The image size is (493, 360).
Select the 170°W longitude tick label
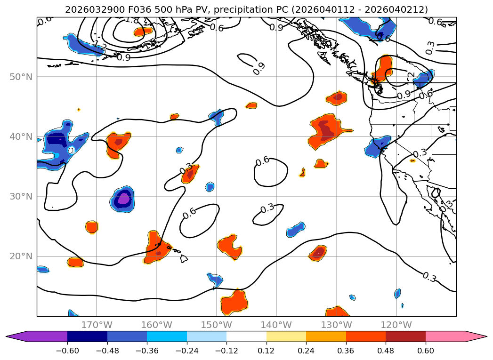pyautogui.click(x=97, y=325)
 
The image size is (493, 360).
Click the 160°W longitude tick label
pyautogui.click(x=156, y=325)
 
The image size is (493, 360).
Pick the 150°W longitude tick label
pyautogui.click(x=216, y=325)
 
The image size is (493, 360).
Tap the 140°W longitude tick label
pyautogui.click(x=276, y=325)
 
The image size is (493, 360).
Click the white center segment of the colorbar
pyautogui.click(x=246, y=336)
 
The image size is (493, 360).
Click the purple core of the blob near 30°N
pyautogui.click(x=123, y=199)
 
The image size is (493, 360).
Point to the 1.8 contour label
pyautogui.click(x=132, y=20)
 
